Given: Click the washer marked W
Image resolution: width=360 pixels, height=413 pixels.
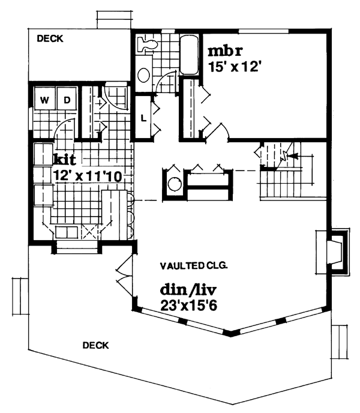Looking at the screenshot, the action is pos(45,98).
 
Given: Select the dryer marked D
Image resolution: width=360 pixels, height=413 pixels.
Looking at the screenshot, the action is pos(67,98).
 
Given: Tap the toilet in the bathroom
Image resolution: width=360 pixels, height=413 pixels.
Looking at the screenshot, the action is pos(148,44).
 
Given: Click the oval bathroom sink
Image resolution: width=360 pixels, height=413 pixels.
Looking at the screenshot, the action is pos(144,75).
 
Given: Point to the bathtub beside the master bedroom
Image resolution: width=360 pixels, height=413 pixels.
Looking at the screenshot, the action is pos(189,55).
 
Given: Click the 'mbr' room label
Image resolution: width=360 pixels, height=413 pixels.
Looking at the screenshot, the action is pos(225,51).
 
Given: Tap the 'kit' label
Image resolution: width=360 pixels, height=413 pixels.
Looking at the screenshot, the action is pos(65,159).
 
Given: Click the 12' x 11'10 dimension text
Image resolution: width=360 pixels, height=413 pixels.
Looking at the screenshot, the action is pos(88,175).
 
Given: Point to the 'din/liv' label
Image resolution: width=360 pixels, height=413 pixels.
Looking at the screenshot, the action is pos(188,290).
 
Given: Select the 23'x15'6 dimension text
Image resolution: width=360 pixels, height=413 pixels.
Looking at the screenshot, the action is pos(188,306).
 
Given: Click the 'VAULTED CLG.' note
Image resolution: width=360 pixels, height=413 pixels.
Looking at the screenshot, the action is pos(194,266).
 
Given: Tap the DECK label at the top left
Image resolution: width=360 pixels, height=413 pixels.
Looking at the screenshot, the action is pos(50,38).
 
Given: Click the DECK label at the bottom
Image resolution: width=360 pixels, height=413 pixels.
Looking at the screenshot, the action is pos(95,345).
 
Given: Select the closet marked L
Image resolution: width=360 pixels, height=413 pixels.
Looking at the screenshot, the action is pos(143,117).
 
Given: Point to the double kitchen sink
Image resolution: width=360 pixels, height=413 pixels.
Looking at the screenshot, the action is pos(67,233).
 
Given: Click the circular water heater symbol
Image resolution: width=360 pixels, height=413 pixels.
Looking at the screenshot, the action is pos(175,184).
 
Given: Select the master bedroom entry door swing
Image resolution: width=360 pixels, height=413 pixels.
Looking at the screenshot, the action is pos(217,131).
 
